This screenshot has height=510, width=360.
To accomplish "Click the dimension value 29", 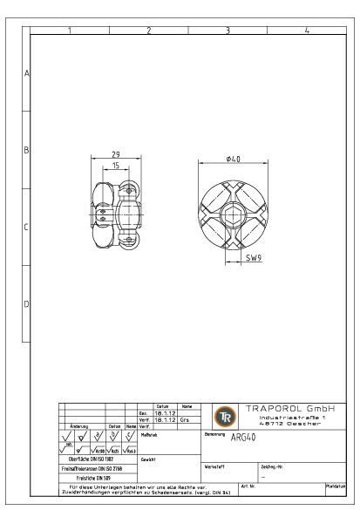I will (x=115, y=155).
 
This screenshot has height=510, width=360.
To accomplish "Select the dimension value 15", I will (x=115, y=166).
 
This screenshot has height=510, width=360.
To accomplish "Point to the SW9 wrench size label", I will (x=252, y=259).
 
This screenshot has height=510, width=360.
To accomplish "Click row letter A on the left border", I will (x=25, y=74).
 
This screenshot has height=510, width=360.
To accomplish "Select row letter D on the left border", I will (x=25, y=304).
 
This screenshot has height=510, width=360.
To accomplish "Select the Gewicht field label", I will (x=149, y=458).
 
